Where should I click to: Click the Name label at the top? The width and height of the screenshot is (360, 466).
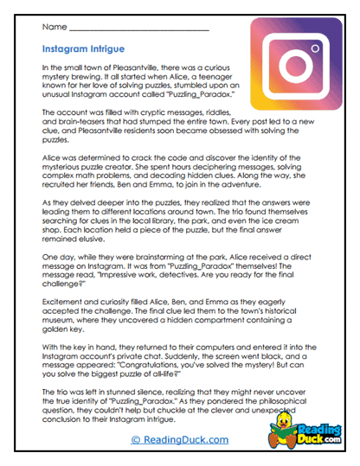(x=51, y=28)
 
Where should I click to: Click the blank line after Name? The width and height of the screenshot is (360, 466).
(x=138, y=29)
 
